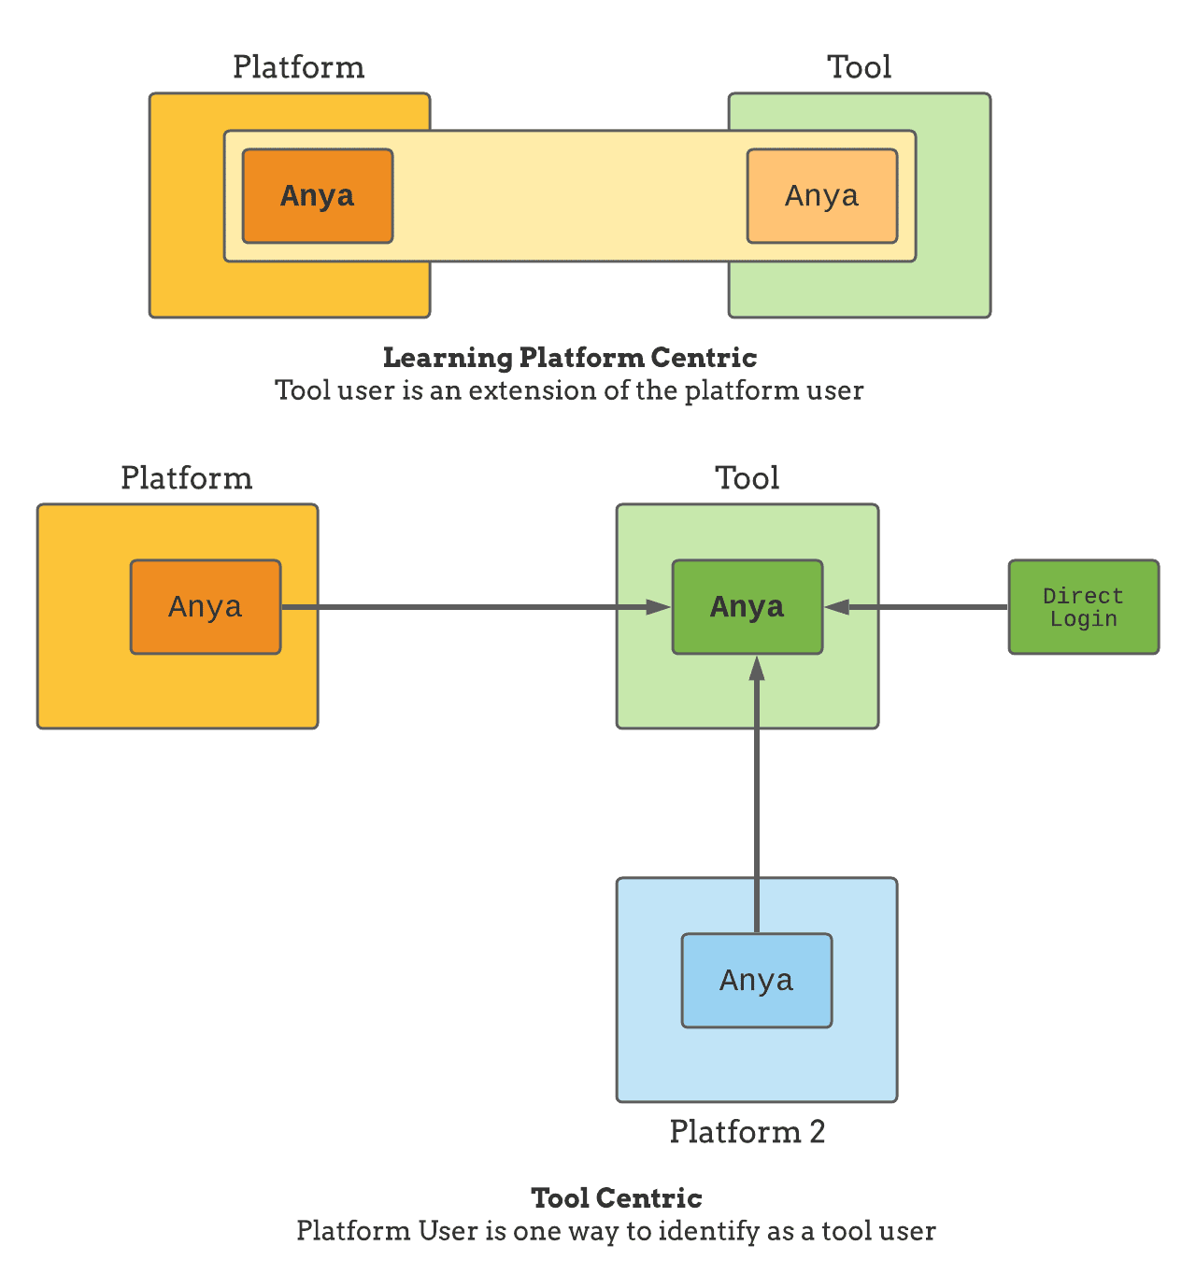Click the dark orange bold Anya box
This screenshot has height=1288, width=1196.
click(318, 196)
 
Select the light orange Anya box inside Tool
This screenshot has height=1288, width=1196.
click(822, 196)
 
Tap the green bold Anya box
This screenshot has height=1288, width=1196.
click(747, 607)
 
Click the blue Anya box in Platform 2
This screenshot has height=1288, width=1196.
click(757, 981)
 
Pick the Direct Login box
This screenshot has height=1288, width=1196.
click(1084, 607)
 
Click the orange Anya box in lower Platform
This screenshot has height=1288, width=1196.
click(206, 607)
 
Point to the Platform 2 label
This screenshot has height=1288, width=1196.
click(747, 1132)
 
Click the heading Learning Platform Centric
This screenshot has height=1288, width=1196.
click(570, 358)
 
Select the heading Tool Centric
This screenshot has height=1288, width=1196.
click(617, 1198)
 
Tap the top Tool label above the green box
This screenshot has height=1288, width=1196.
click(860, 67)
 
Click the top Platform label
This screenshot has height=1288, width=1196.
click(299, 67)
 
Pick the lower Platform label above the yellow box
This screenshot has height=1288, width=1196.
click(187, 478)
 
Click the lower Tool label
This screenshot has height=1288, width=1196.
click(747, 478)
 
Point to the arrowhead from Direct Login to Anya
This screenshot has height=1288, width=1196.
click(836, 607)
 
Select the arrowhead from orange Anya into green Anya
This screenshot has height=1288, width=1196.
click(659, 607)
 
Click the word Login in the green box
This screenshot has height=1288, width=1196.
click(1084, 619)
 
